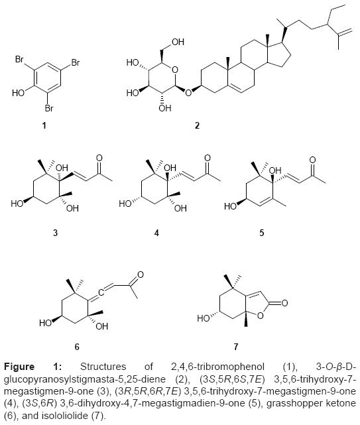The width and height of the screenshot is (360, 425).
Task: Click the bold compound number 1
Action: [x=44, y=125]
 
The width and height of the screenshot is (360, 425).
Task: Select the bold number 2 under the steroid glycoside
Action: [x=197, y=125]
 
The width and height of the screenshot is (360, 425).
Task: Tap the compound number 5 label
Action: [x=262, y=233]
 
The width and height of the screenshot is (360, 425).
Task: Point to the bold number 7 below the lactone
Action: [x=236, y=347]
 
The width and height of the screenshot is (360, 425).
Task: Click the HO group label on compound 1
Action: [x=18, y=93]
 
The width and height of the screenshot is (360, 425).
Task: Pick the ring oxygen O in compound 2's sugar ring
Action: [x=175, y=70]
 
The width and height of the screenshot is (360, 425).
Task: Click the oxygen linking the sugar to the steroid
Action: [x=188, y=93]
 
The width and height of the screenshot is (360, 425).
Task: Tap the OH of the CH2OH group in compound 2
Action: [x=178, y=42]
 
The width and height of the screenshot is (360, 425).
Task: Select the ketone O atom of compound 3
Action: [x=99, y=158]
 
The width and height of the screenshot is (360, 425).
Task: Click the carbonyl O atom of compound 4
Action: [x=208, y=158]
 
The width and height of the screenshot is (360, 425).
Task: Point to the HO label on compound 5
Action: [x=231, y=207]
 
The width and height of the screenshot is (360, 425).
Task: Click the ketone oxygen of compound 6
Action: [x=141, y=275]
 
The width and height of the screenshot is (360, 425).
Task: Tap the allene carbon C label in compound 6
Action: [x=101, y=292]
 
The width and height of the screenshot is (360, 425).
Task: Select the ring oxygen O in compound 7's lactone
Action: [x=261, y=316]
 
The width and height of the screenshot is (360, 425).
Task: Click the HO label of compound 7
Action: [x=204, y=318]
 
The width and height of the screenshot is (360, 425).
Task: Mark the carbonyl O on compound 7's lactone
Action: [x=284, y=303]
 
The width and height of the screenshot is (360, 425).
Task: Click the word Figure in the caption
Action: [x=19, y=367]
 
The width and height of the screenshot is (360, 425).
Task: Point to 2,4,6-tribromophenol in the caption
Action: [x=217, y=367]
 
